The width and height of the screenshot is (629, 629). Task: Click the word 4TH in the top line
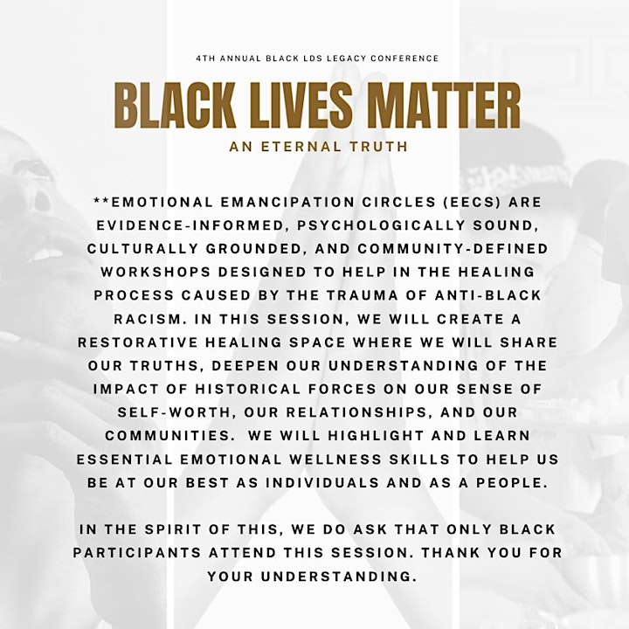[x=205, y=59]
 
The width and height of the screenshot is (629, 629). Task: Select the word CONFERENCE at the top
[x=404, y=59]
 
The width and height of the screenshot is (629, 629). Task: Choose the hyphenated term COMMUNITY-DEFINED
[x=453, y=249]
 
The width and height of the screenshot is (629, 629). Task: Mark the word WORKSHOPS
[x=156, y=272]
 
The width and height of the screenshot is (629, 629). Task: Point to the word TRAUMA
[x=361, y=295]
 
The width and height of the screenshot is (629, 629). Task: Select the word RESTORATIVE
[x=138, y=342]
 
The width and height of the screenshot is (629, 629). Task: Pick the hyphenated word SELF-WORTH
[x=175, y=412]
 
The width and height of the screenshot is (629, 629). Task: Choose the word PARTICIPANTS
[x=137, y=552]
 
